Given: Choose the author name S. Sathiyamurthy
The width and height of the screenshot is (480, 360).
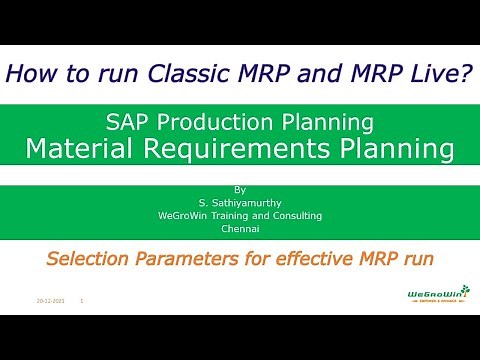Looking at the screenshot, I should [239, 202].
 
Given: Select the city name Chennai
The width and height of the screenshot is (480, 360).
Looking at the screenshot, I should [239, 228].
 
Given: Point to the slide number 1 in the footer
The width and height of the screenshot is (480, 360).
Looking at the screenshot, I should [81, 299].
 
